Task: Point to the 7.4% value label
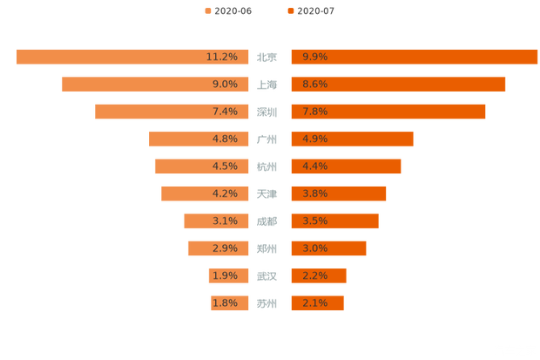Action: click(224, 112)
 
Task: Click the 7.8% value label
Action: click(315, 112)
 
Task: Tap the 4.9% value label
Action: click(315, 139)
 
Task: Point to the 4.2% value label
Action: click(224, 194)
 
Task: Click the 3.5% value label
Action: click(315, 221)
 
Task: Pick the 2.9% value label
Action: click(224, 248)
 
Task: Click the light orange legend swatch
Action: click(207, 10)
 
